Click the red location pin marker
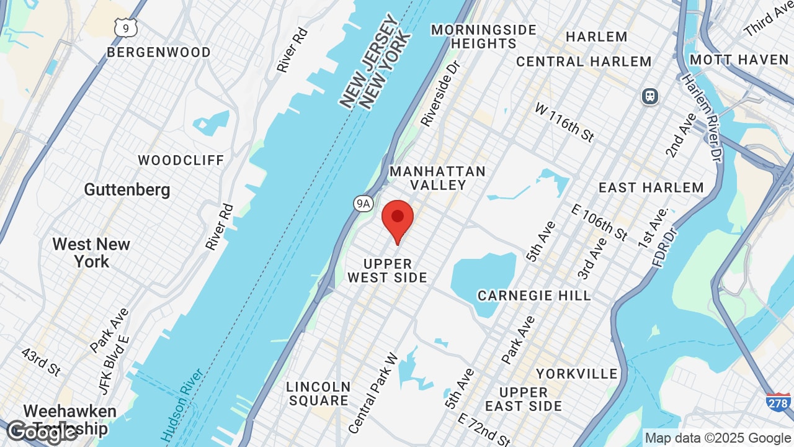pos(398,219)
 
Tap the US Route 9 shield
pos(125,27)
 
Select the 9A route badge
pos(363,203)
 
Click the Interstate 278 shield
pos(778,402)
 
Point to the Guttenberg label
pos(127,189)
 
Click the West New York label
pos(91,253)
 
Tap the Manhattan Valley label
pos(437,178)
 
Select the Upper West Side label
pos(387,271)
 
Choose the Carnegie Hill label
pos(534,295)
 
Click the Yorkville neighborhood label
pos(577,374)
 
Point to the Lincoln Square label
pos(318,394)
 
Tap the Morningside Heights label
pos(484,37)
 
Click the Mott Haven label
pos(739,60)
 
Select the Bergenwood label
pos(159,52)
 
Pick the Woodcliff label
pos(181,160)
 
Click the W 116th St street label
pos(564,122)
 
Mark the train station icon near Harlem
pos(649,96)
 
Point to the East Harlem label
pos(651,187)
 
